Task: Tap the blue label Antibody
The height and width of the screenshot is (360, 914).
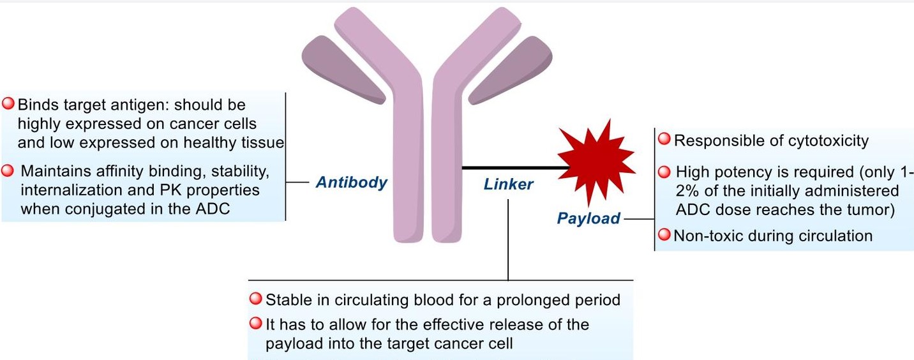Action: tap(352, 183)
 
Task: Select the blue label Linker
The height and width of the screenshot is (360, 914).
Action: tap(508, 184)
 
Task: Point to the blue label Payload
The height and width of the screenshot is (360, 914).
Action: tap(588, 218)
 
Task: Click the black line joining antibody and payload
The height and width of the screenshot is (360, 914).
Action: tap(511, 168)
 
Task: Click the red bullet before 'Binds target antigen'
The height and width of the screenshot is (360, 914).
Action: tap(9, 103)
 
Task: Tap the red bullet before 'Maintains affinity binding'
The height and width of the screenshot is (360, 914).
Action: tap(9, 171)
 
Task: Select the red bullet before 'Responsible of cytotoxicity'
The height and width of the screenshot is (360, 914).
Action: tap(664, 139)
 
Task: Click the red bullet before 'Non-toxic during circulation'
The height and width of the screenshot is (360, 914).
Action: tap(664, 236)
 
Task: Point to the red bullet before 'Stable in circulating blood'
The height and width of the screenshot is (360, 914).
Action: tap(255, 299)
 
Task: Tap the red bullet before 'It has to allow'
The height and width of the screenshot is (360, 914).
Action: tap(255, 324)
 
